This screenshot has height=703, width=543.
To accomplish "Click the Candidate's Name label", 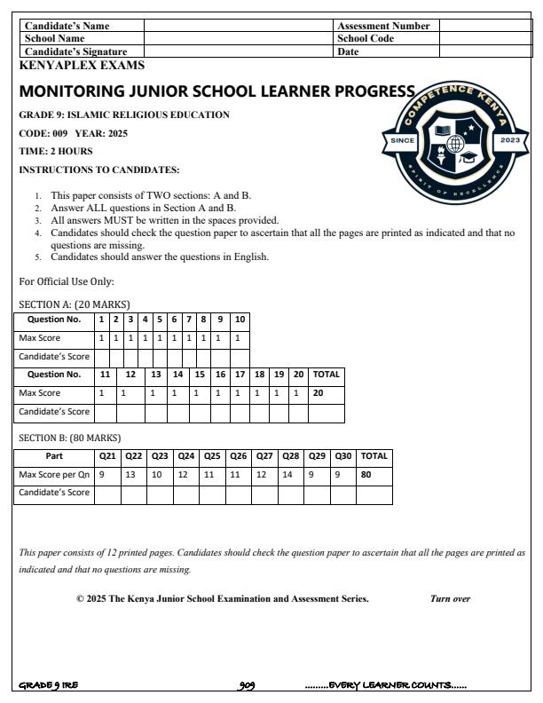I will coord(67,27).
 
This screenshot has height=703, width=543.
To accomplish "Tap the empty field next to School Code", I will coord(484,39).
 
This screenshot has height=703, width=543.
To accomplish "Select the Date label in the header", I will coord(348,52).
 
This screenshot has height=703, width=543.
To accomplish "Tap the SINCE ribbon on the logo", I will coord(402,141).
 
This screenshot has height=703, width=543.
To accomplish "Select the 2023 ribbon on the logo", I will coord(511,141).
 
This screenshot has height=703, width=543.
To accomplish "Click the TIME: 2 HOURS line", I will coord(56,151).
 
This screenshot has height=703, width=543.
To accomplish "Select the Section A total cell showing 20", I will coord(326,392).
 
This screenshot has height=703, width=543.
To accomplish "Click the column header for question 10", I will coord(240,320).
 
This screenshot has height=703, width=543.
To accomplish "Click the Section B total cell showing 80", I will coord(374,474).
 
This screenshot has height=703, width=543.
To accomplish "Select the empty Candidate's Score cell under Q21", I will coord(107,494).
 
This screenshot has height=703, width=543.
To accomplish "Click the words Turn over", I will coord(450,599).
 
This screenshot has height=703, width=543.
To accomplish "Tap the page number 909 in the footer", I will coord(248,685).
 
